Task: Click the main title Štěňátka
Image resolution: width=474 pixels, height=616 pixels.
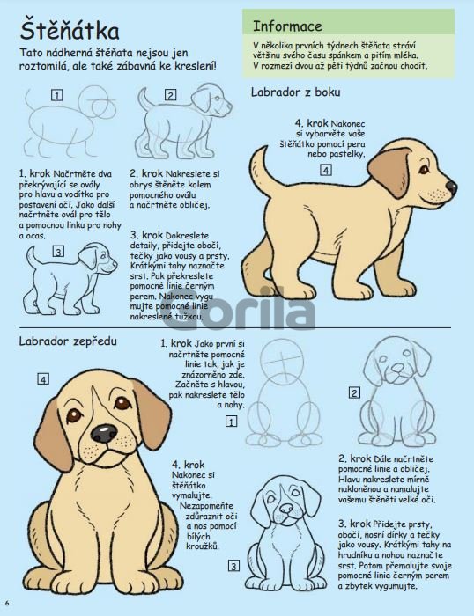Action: [x=70, y=30]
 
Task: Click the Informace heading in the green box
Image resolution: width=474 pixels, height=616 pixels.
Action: [x=287, y=26]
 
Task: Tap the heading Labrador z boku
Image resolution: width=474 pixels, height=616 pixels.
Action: [x=295, y=92]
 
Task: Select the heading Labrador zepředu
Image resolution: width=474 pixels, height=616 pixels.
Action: [x=68, y=341]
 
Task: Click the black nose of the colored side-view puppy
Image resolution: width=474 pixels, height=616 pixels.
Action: [x=451, y=187]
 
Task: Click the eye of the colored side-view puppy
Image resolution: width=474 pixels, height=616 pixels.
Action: [x=424, y=169]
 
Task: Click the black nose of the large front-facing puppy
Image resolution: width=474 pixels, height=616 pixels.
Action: [x=104, y=433]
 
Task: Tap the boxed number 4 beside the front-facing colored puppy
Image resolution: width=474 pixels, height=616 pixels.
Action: [x=43, y=379]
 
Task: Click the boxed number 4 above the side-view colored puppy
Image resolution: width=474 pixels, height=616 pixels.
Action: [x=325, y=170]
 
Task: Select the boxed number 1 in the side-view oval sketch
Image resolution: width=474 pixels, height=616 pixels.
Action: [x=57, y=95]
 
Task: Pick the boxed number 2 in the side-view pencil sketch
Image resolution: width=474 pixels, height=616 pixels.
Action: [x=170, y=95]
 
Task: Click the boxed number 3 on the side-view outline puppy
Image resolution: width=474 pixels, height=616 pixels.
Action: [x=59, y=252]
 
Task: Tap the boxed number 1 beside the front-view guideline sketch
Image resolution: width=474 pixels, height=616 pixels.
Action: [x=231, y=422]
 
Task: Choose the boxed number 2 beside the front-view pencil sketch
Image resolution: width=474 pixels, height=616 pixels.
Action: [x=354, y=392]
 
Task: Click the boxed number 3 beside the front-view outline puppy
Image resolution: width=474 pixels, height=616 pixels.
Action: [x=233, y=566]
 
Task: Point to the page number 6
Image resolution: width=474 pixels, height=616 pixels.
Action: [x=7, y=603]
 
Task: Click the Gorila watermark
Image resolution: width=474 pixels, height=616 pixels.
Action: [x=239, y=309]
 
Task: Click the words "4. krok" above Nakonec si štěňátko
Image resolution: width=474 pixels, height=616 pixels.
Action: [x=188, y=465]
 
